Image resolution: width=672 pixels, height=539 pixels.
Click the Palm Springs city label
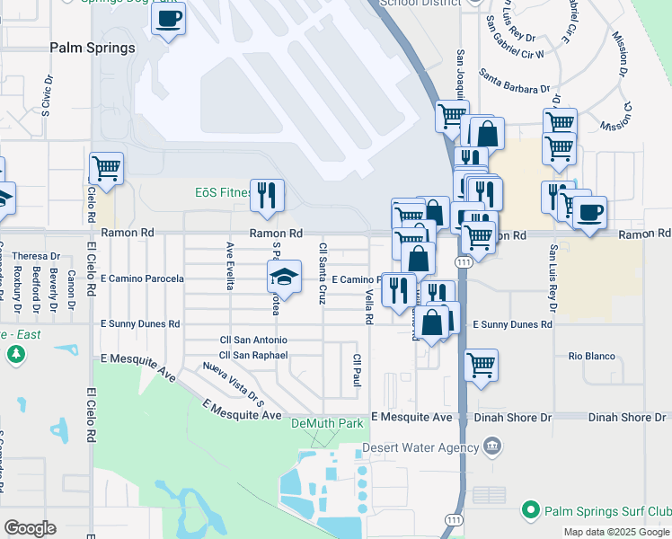pyautogui.click(x=93, y=48)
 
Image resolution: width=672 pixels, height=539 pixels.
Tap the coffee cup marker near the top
pyautogui.click(x=168, y=19)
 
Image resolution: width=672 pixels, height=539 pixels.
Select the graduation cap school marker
pyautogui.click(x=284, y=277)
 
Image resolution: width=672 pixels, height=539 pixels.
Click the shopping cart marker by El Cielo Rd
pyautogui.click(x=106, y=168)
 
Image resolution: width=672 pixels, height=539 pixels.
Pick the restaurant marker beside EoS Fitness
pyautogui.click(x=267, y=196)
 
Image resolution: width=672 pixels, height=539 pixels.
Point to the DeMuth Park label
pyautogui.click(x=326, y=422)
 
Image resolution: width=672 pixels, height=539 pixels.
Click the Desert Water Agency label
pyautogui.click(x=420, y=447)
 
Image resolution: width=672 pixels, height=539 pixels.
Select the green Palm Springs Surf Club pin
pyautogui.click(x=530, y=510)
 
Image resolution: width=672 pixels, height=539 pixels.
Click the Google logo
pyautogui.click(x=30, y=528)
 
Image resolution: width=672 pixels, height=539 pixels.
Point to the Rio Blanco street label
pyautogui.click(x=592, y=357)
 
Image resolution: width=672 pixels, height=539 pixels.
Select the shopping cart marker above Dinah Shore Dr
pyautogui.click(x=482, y=365)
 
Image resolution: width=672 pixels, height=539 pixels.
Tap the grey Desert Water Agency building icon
pyautogui.click(x=492, y=446)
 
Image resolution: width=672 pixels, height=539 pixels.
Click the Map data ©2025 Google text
pyautogui.click(x=616, y=532)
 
